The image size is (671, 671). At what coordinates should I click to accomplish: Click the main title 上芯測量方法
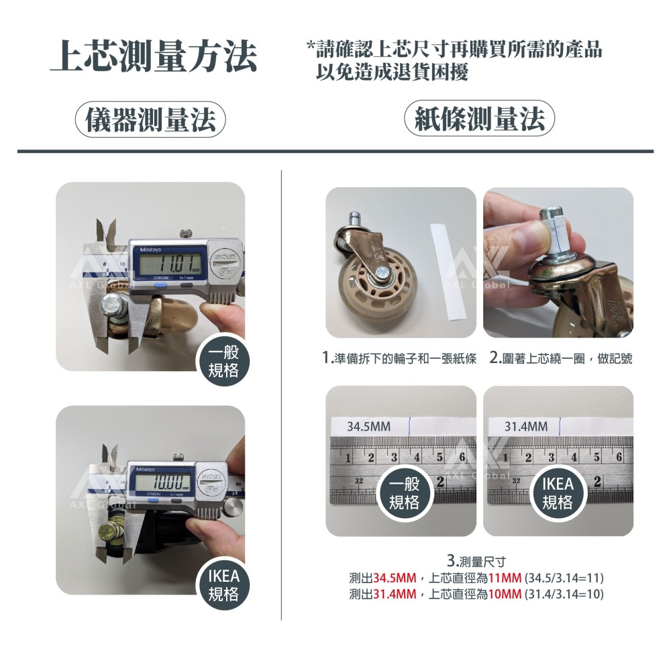click(154, 56)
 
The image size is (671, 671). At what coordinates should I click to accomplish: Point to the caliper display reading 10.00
click(164, 482)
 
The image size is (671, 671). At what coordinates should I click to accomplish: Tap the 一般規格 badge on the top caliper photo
click(223, 363)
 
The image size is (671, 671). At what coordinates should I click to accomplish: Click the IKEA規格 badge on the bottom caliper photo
click(223, 585)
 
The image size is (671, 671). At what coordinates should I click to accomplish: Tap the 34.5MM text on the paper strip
click(368, 427)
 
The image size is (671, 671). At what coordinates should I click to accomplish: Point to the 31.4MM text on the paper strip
click(525, 427)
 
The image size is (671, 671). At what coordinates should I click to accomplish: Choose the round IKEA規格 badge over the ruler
click(557, 494)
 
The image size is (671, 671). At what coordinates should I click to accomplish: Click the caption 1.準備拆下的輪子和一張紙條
click(399, 359)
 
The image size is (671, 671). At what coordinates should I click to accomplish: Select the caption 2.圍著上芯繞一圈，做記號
click(560, 359)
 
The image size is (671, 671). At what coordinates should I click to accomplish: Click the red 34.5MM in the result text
click(395, 578)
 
